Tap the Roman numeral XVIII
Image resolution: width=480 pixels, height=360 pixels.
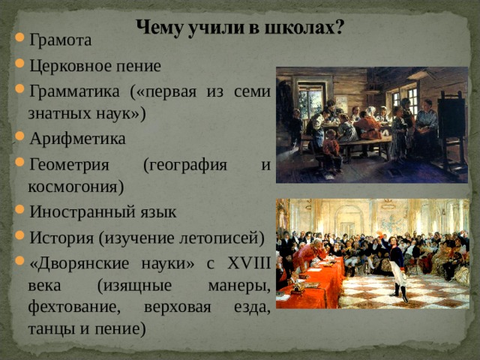point(240,262)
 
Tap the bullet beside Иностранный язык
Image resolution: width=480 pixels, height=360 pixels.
point(20,211)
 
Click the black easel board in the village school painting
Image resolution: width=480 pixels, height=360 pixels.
point(451,120)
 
